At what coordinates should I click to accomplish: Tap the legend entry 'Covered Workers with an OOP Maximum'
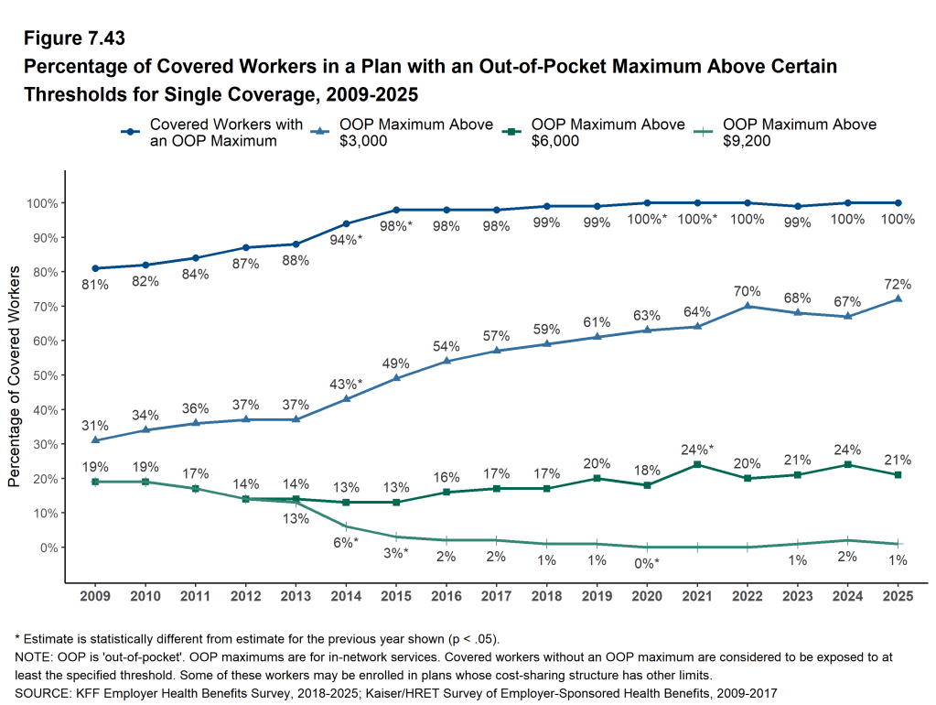point(213,132)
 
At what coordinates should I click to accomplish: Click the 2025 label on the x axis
point(898,597)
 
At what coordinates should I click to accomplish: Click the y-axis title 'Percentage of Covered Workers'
point(14,376)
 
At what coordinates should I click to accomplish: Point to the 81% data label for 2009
point(95,285)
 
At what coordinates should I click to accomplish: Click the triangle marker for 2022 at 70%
point(748,306)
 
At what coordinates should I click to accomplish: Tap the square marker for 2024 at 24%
point(848,465)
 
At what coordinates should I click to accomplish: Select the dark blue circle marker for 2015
point(396,210)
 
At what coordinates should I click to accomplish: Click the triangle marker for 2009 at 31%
point(95,440)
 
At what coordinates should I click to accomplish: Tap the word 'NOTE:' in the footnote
point(33,658)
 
